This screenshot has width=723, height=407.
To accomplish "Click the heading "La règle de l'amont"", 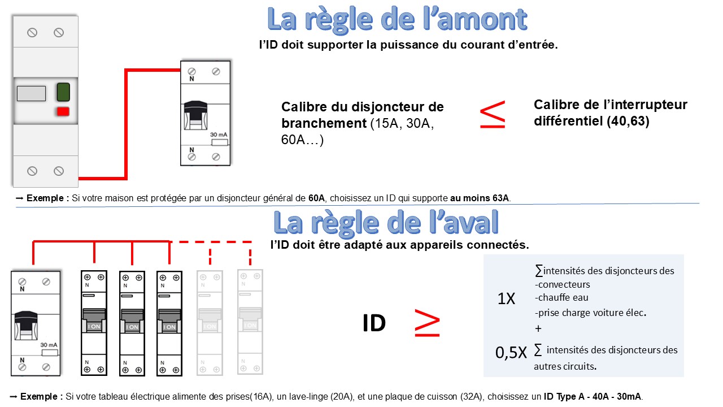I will [x=397, y=20].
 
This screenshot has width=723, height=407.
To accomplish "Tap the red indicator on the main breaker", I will [x=63, y=111].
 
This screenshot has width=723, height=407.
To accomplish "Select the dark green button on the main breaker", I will [x=63, y=92].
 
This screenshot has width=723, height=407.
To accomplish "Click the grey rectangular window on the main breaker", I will [x=31, y=93].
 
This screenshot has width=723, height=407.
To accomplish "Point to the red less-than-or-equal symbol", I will [x=493, y=115].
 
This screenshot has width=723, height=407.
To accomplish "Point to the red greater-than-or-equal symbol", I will [x=427, y=323].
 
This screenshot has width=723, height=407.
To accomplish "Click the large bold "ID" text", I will [x=374, y=323].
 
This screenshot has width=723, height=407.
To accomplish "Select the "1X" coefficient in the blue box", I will [x=506, y=299].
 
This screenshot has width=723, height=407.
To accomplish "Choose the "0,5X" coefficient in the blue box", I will [x=511, y=353].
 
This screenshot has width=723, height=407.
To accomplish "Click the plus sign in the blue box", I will [x=538, y=328].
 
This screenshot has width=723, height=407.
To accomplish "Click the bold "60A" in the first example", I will [x=316, y=198].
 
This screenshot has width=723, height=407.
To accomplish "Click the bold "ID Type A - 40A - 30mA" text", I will [x=593, y=397].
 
